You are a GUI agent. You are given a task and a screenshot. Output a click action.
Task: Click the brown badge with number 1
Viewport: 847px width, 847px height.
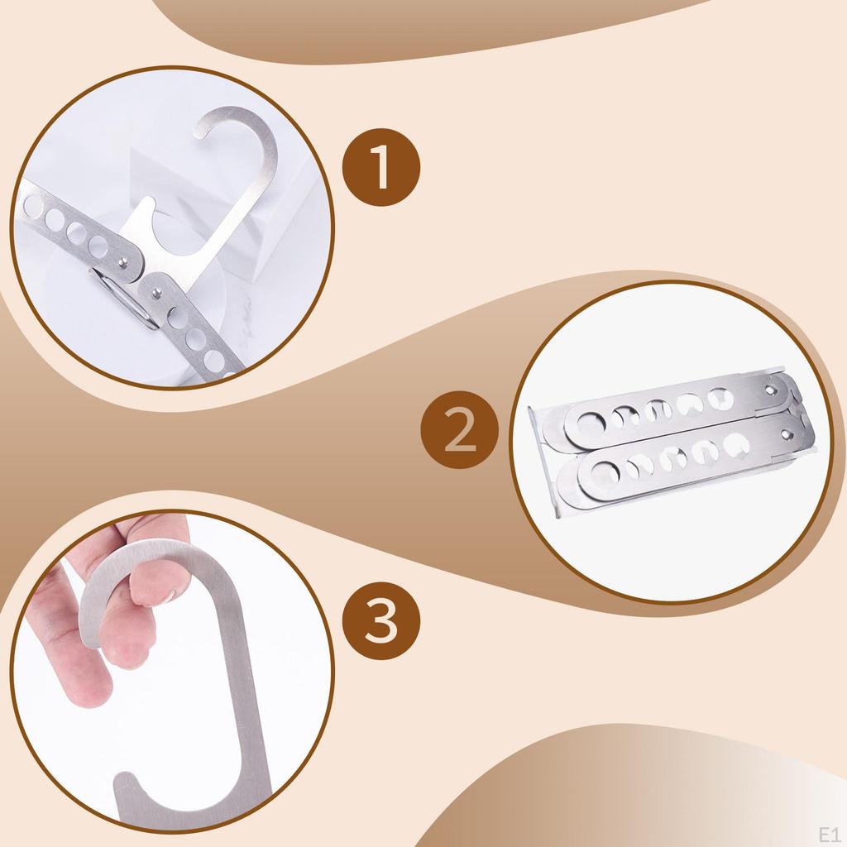click(381, 167)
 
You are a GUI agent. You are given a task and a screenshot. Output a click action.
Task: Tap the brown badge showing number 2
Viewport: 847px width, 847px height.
click(460, 429)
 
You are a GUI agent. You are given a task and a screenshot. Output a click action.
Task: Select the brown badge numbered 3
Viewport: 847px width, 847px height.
click(381, 620)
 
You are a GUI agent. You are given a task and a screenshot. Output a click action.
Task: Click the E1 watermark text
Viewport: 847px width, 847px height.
click(830, 835)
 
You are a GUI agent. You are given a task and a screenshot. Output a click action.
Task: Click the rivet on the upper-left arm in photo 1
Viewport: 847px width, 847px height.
click(123, 263)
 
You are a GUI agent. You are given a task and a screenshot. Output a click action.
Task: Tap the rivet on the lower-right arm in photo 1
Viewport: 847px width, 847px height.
click(156, 294)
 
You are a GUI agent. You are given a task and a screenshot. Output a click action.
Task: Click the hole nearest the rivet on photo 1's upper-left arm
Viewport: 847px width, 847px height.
click(98, 246)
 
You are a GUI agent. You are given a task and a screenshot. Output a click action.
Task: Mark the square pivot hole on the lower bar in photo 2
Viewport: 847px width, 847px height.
click(786, 434)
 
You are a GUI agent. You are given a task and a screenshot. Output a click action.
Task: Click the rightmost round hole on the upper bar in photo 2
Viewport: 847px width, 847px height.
click(720, 399)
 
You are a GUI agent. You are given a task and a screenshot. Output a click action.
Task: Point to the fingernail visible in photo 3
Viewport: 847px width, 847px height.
click(172, 594)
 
